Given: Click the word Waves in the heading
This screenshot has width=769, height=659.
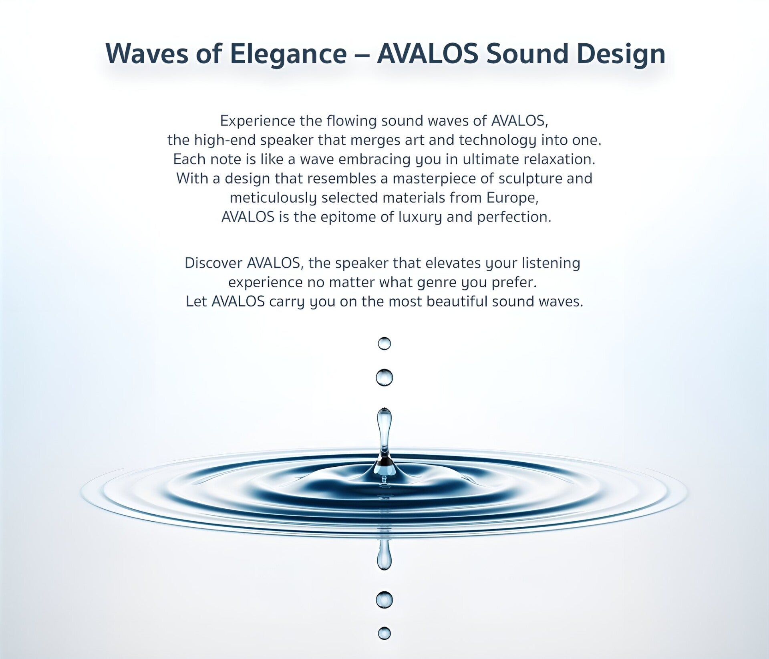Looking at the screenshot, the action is (147, 54).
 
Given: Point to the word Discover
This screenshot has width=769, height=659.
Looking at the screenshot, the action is (213, 263).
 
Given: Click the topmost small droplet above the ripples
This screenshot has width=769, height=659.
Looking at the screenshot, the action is (384, 343).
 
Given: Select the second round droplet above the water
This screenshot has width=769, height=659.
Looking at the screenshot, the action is (384, 377).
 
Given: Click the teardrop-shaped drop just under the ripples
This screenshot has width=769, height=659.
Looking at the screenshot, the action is (384, 555).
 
